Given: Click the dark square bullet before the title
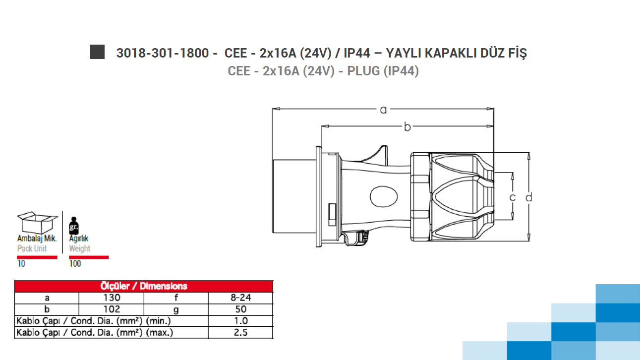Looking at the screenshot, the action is pyautogui.click(x=98, y=52).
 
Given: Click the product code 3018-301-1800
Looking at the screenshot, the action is pyautogui.click(x=163, y=53).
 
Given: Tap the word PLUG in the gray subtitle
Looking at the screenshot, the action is pyautogui.click(x=363, y=71).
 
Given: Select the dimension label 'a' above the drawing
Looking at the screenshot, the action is pyautogui.click(x=383, y=110).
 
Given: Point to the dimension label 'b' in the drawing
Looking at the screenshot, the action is pyautogui.click(x=407, y=126).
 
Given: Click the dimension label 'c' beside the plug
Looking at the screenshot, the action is pyautogui.click(x=513, y=197).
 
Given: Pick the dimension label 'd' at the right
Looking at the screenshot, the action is pyautogui.click(x=529, y=197).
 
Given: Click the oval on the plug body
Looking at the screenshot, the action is pyautogui.click(x=384, y=196).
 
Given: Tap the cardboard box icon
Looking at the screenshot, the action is pyautogui.click(x=37, y=223).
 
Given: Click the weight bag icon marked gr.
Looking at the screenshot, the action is pyautogui.click(x=74, y=226).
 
